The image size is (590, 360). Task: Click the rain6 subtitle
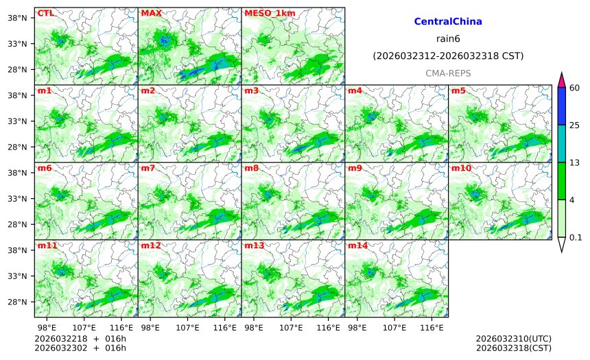click(448, 38)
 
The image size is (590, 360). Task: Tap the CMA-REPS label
click(448, 73)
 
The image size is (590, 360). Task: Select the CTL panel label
click(45, 13)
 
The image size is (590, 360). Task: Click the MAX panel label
click(151, 13)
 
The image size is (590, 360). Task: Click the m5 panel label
click(458, 91)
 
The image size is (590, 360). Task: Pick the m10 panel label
click(461, 168)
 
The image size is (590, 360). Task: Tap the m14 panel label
click(357, 245)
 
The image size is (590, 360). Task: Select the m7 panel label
click(148, 168)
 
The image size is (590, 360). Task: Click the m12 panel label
click(151, 245)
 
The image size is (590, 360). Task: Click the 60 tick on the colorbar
click(575, 87)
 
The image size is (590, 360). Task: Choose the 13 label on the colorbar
click(575, 163)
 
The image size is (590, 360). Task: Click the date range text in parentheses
click(448, 56)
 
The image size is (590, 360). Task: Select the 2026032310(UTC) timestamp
click(513, 339)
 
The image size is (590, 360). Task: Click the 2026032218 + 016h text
click(75, 339)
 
